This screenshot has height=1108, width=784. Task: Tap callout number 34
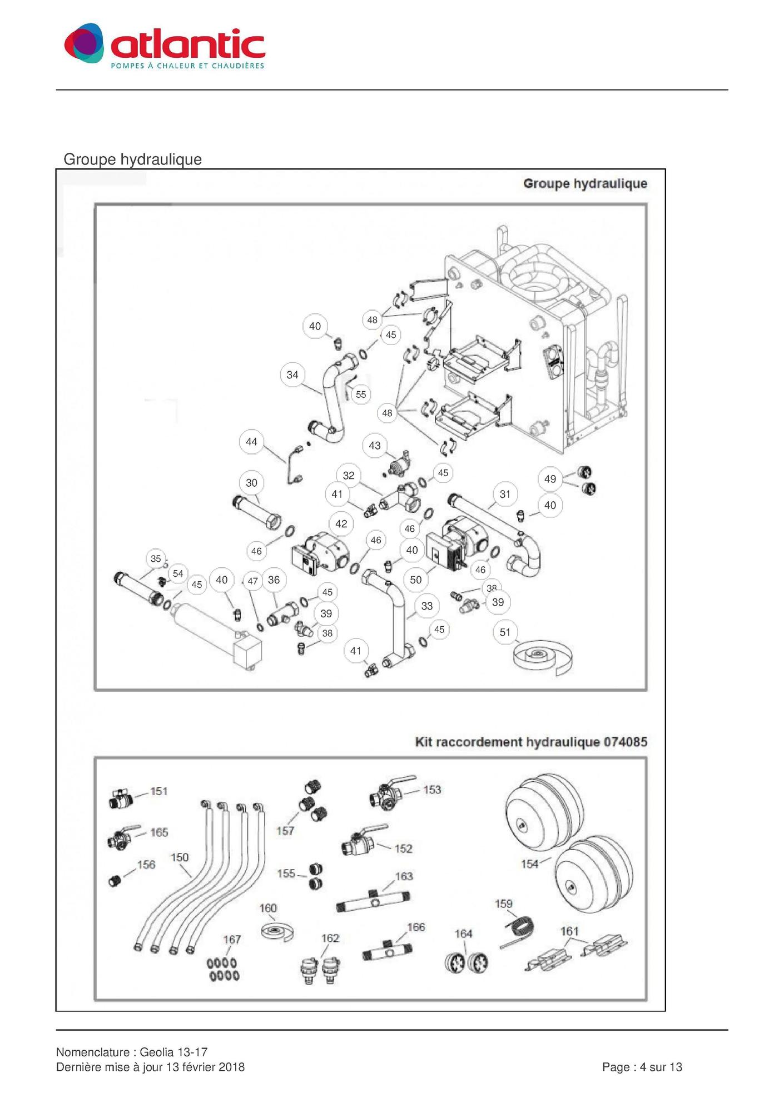[292, 375]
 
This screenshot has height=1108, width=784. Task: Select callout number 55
[361, 395]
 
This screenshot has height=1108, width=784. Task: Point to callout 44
[251, 442]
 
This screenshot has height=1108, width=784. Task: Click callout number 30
[251, 483]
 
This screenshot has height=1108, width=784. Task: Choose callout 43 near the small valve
[375, 445]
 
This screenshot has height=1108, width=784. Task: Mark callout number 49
[550, 479]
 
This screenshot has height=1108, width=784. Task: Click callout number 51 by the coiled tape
[505, 632]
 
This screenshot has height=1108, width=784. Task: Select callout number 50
[416, 580]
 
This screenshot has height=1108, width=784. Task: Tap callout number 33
[427, 606]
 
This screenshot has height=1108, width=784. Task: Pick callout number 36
[274, 580]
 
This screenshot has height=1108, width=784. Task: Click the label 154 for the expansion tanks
[530, 864]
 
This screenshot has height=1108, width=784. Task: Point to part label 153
[432, 790]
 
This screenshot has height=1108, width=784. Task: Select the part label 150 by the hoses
[180, 857]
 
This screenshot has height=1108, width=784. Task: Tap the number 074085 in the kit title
[626, 742]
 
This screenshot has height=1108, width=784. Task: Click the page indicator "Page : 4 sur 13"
[642, 1067]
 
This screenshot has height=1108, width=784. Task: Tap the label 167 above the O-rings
[232, 940]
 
